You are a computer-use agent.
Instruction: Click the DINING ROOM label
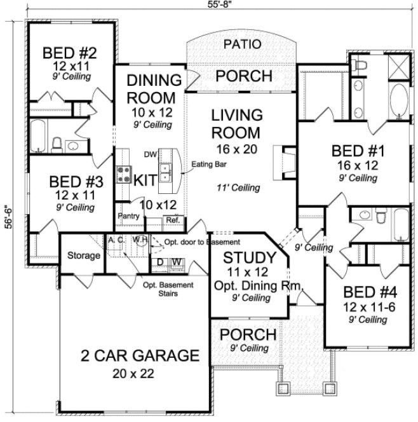pyautogui.click(x=151, y=89)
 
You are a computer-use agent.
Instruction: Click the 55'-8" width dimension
pyautogui.click(x=209, y=4)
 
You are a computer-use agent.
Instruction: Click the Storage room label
pyautogui.click(x=83, y=255)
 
